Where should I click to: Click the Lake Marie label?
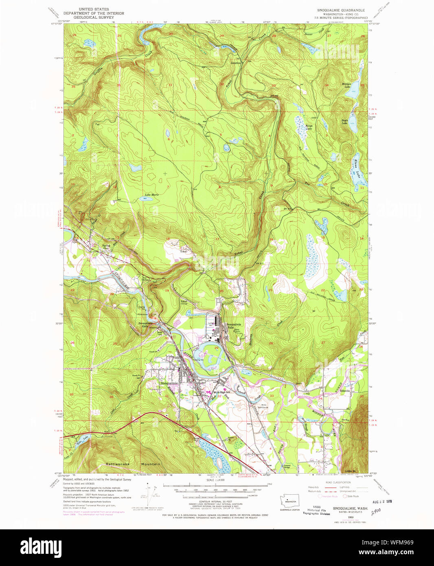click(151, 195)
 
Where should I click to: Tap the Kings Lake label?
click(309, 127)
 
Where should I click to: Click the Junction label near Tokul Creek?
click(236, 63)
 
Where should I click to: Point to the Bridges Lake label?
click(346, 85)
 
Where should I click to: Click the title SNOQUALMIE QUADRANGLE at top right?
click(341, 10)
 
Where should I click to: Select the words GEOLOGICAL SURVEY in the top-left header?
click(94, 18)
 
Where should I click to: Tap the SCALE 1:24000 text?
click(215, 480)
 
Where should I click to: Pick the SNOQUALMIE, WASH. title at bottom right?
click(351, 509)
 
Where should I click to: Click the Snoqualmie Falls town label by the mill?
click(233, 326)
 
